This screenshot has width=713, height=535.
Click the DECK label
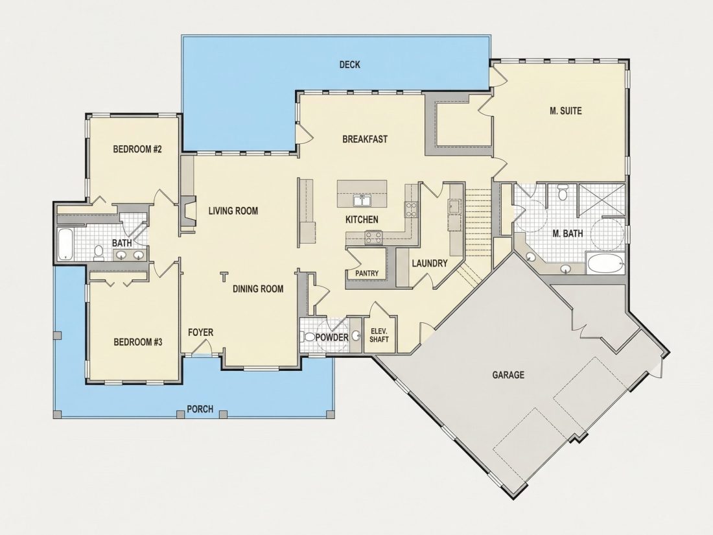click(349, 65)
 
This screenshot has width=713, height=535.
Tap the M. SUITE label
click(566, 110)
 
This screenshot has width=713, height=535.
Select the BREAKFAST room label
click(365, 139)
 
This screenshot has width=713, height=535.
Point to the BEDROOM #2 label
click(137, 149)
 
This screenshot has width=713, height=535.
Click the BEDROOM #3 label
click(138, 342)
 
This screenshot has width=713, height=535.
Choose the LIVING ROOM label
click(233, 211)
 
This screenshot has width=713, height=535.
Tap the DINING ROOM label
click(258, 289)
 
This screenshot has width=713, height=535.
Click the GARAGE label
click(508, 375)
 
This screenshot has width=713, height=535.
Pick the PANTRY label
click(366, 274)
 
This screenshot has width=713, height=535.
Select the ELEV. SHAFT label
click(379, 335)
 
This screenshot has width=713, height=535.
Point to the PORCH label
click(200, 409)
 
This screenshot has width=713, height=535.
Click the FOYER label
click(200, 333)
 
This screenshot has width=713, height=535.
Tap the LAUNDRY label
click(430, 263)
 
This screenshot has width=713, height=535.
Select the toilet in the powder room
click(308, 337)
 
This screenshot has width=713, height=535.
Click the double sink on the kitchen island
click(362, 200)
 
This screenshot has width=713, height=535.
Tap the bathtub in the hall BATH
click(65, 244)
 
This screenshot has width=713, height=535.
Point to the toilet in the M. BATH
click(563, 193)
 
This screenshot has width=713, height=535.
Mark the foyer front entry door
click(200, 350)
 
